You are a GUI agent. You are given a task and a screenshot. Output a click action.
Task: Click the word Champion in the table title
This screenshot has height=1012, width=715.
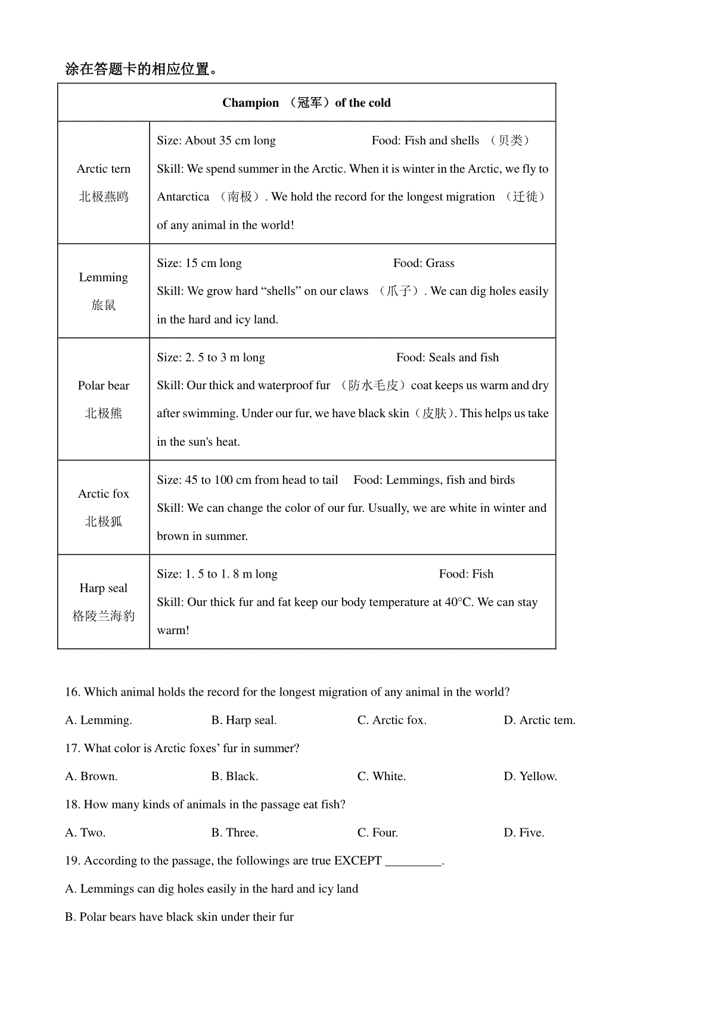[250, 103]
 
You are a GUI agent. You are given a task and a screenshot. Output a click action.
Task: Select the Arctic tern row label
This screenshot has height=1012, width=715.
[104, 169]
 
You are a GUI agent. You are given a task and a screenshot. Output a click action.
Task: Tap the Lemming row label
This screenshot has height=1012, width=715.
[104, 277]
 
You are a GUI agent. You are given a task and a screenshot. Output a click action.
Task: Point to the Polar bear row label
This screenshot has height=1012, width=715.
[104, 386]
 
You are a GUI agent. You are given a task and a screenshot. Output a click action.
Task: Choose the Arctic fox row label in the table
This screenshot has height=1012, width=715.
[104, 493]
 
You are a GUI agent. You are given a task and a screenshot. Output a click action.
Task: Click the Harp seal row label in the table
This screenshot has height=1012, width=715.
[104, 588]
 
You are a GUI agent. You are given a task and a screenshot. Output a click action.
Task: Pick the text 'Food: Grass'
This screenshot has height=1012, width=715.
[424, 263]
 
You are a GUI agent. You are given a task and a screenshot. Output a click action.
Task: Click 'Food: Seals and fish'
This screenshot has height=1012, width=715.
[447, 358]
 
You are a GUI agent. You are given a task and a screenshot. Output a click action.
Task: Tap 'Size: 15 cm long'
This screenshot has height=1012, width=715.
[199, 263]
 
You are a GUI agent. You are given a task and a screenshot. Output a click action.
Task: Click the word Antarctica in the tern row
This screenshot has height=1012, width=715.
[183, 197]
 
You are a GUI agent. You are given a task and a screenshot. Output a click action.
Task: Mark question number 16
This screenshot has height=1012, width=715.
[72, 692]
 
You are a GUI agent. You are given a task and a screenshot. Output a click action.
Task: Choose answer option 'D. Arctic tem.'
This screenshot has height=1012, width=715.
[539, 720]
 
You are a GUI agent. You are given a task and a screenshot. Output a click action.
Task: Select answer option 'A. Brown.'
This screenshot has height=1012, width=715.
[91, 776]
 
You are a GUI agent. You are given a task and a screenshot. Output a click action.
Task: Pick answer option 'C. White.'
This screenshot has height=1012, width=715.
[381, 776]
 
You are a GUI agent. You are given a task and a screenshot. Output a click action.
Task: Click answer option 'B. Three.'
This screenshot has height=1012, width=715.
[235, 833]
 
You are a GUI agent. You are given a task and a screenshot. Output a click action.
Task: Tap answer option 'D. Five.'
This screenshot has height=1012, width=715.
[524, 833]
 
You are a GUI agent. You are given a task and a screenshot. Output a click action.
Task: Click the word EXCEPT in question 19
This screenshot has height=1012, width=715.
[357, 861]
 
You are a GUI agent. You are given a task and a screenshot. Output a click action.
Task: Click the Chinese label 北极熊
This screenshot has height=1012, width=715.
[104, 413]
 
